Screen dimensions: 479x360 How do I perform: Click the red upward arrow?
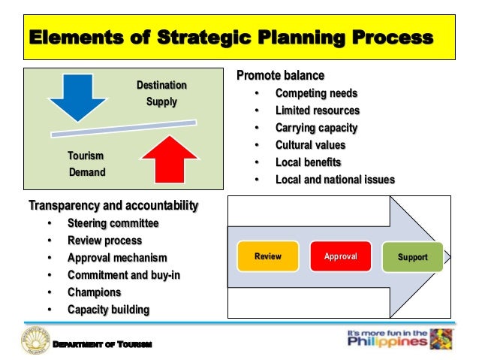click(169, 159)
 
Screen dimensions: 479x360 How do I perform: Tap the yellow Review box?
click(268, 257)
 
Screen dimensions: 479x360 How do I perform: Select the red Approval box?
click(340, 257)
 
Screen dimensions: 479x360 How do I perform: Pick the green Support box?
click(413, 257)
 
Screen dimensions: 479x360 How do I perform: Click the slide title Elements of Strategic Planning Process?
click(230, 37)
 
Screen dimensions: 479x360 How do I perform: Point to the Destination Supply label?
click(161, 93)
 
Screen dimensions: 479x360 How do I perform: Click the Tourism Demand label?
click(86, 164)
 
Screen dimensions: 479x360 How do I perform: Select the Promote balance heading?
click(281, 76)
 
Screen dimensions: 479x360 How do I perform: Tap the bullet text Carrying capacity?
click(316, 128)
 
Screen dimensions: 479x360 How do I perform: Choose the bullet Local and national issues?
click(335, 180)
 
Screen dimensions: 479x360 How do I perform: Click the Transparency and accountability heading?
click(113, 205)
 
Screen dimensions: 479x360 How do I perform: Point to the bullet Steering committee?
click(113, 223)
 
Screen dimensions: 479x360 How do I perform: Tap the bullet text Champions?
click(94, 292)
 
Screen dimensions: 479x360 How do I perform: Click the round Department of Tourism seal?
click(34, 343)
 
